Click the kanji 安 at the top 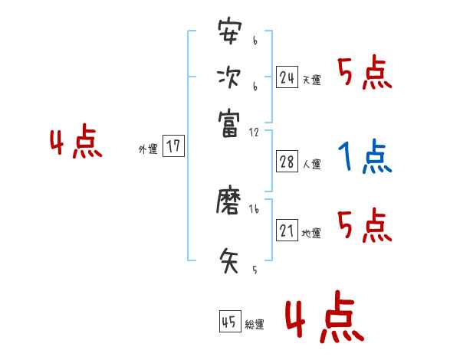(x=228, y=32)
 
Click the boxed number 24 (x=287, y=77)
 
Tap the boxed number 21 (x=287, y=230)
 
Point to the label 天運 (x=311, y=80)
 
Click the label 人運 (x=311, y=164)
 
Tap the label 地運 (x=311, y=233)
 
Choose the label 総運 (x=255, y=325)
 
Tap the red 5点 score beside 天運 (x=365, y=74)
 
